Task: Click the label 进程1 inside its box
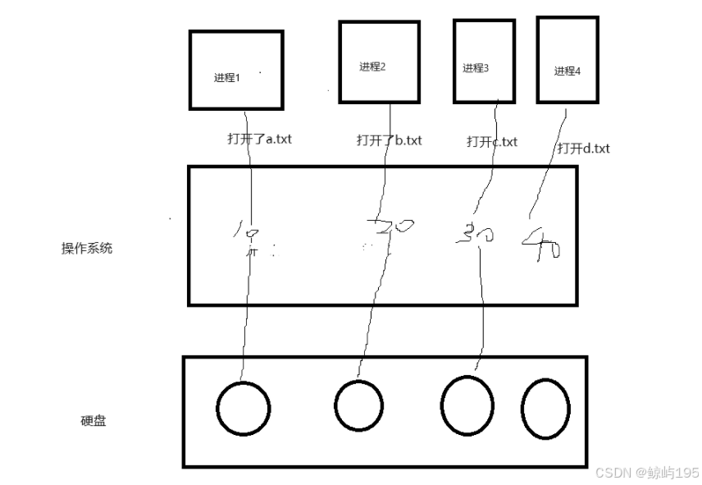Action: (226, 78)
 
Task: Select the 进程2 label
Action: (372, 66)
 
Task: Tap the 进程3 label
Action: (476, 68)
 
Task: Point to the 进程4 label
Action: (568, 71)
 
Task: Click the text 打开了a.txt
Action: (259, 139)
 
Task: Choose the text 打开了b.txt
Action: (389, 140)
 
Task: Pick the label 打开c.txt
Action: (492, 141)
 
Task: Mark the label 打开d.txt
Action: (584, 149)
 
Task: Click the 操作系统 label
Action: (87, 249)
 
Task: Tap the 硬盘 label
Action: (93, 421)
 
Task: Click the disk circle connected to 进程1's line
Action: (244, 409)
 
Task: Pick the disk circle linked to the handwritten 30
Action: (467, 405)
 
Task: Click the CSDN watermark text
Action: (647, 473)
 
